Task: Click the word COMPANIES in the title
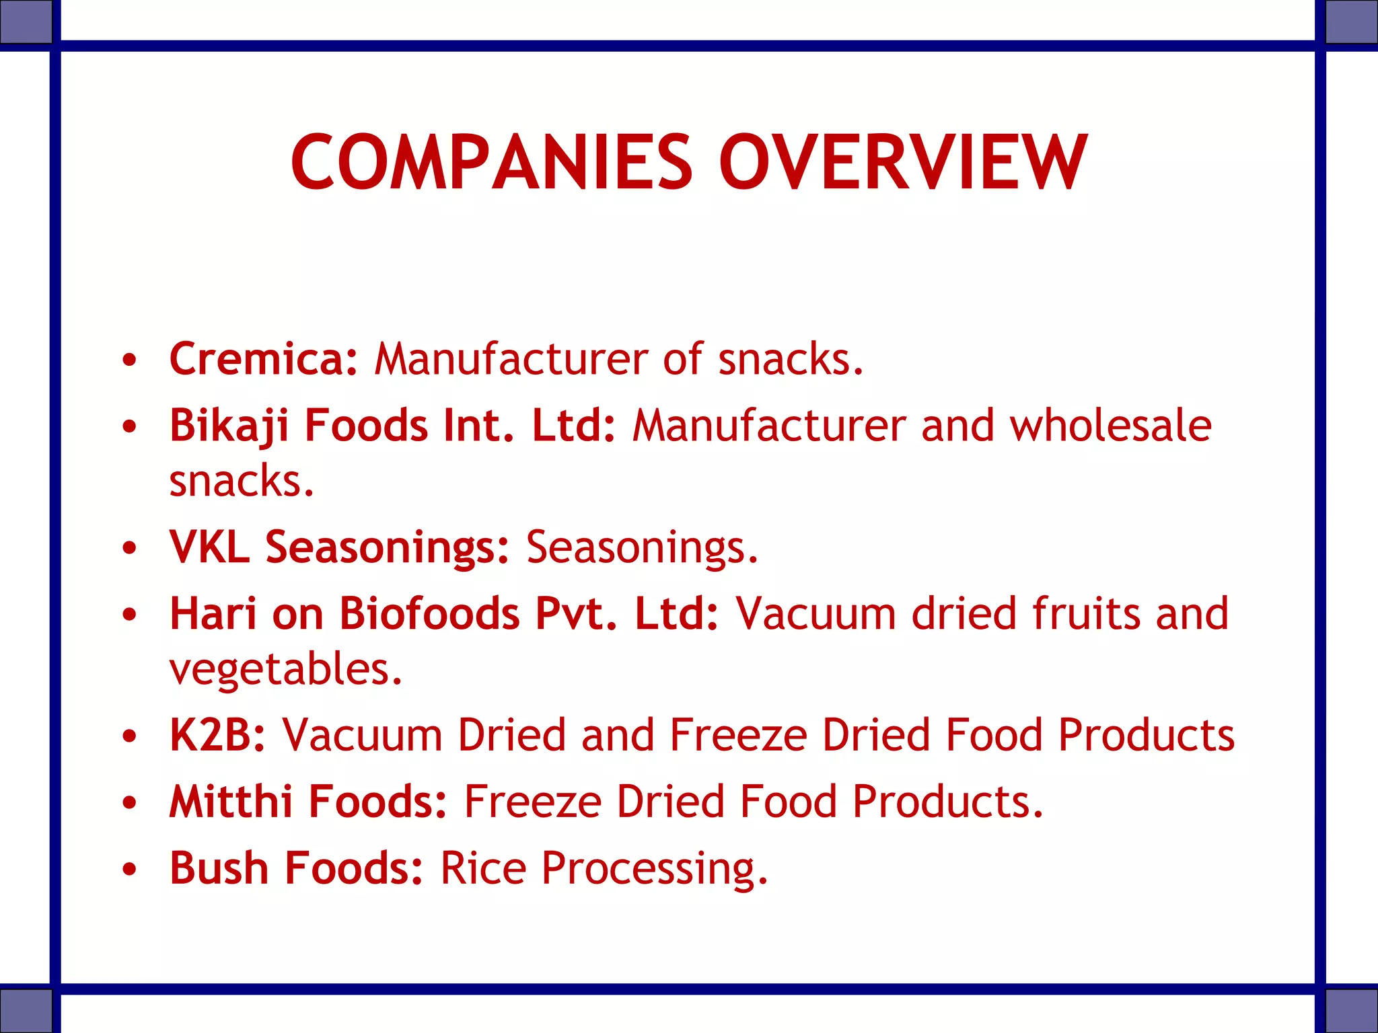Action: [491, 163]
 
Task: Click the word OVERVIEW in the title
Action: [902, 163]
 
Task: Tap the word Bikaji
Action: [229, 426]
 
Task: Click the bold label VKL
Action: [209, 546]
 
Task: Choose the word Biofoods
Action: [429, 613]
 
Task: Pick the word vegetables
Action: [285, 668]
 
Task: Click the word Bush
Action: [219, 868]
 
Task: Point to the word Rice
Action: [483, 868]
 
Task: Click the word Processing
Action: [654, 869]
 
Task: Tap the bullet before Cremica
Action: [130, 360]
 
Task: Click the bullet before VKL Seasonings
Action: [130, 547]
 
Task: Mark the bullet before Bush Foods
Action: [130, 869]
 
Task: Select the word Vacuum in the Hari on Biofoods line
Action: [815, 613]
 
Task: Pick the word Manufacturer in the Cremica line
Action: [511, 358]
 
